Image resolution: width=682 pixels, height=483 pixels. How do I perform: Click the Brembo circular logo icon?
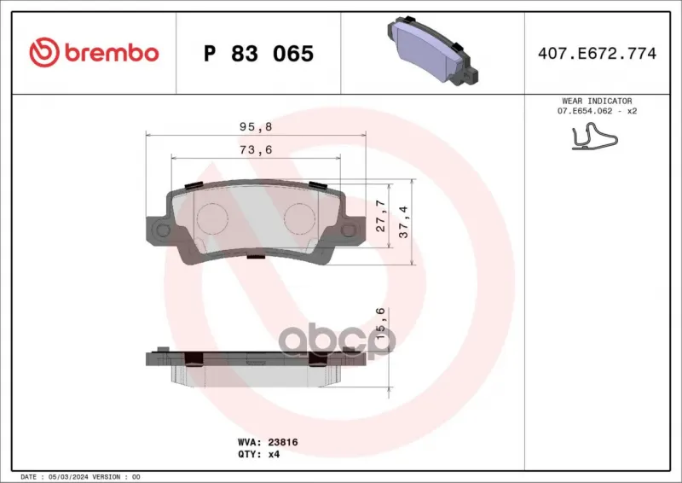click(x=44, y=52)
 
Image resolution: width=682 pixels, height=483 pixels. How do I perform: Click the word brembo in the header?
click(x=112, y=53)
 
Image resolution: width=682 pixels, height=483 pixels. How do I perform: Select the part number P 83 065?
click(x=258, y=54)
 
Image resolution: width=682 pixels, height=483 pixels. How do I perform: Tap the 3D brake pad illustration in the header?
click(x=432, y=51)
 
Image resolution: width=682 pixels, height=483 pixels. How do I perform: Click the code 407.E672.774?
click(x=598, y=53)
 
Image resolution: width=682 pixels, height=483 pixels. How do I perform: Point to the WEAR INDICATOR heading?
click(x=597, y=101)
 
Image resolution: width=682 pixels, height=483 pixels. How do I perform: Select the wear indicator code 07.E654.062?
click(x=585, y=111)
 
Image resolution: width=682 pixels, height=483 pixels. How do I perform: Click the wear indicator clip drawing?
click(x=594, y=137)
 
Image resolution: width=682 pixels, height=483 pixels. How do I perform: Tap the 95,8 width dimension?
click(x=256, y=127)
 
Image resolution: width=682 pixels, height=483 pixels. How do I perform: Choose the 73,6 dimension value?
click(x=256, y=150)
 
